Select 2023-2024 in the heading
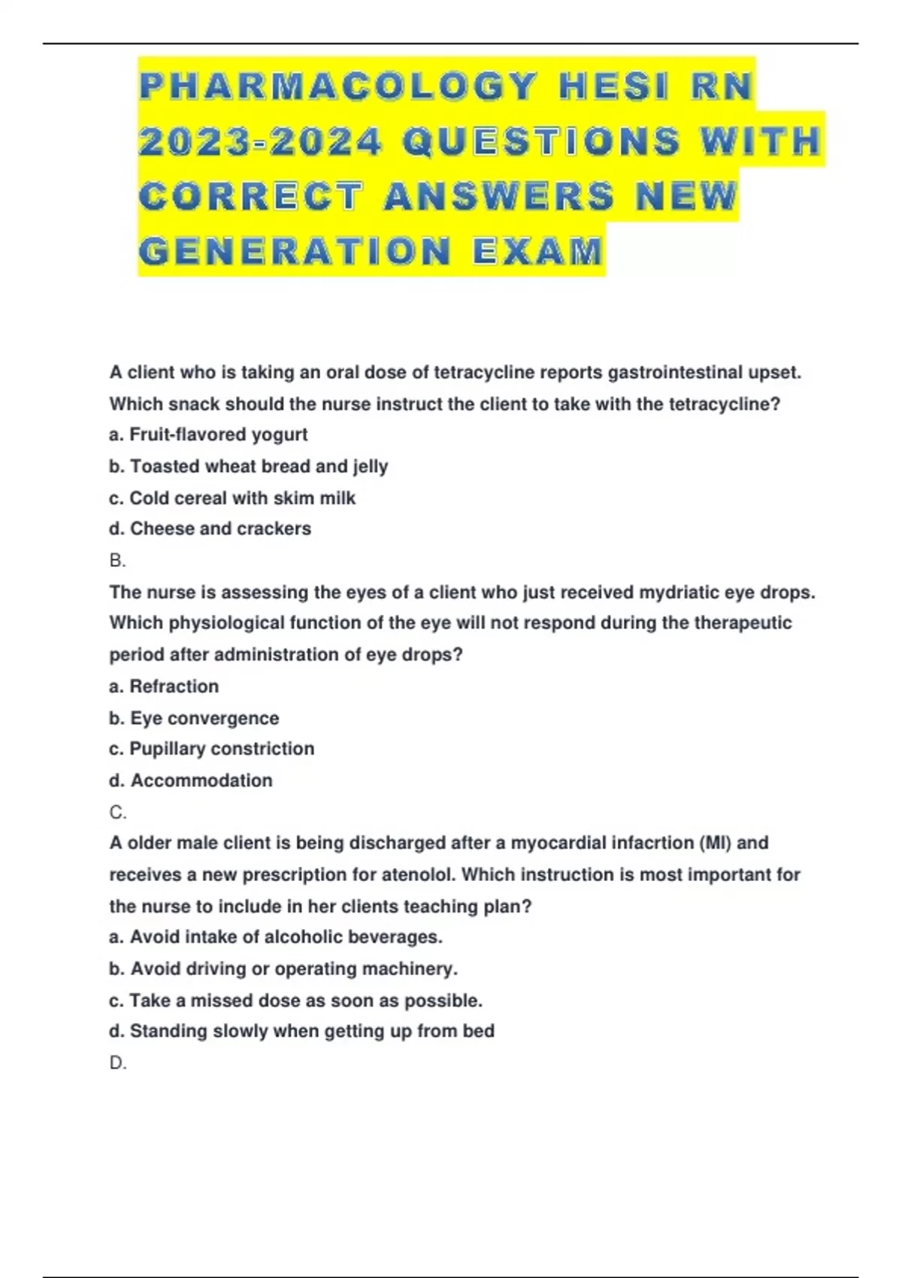(260, 141)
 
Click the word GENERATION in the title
(295, 251)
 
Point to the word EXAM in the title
(538, 251)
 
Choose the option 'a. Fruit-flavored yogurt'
(208, 435)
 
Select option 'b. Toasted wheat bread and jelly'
(248, 466)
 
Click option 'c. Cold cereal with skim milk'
(232, 498)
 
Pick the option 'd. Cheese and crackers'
(210, 528)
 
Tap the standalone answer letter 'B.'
(117, 561)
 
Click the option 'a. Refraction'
(164, 686)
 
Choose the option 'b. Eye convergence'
(194, 718)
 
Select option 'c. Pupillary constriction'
(211, 749)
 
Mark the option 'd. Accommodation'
(191, 780)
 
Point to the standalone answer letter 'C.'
(118, 813)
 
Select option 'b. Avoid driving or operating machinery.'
(283, 968)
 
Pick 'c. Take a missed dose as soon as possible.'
(295, 1001)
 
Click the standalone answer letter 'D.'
(118, 1063)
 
